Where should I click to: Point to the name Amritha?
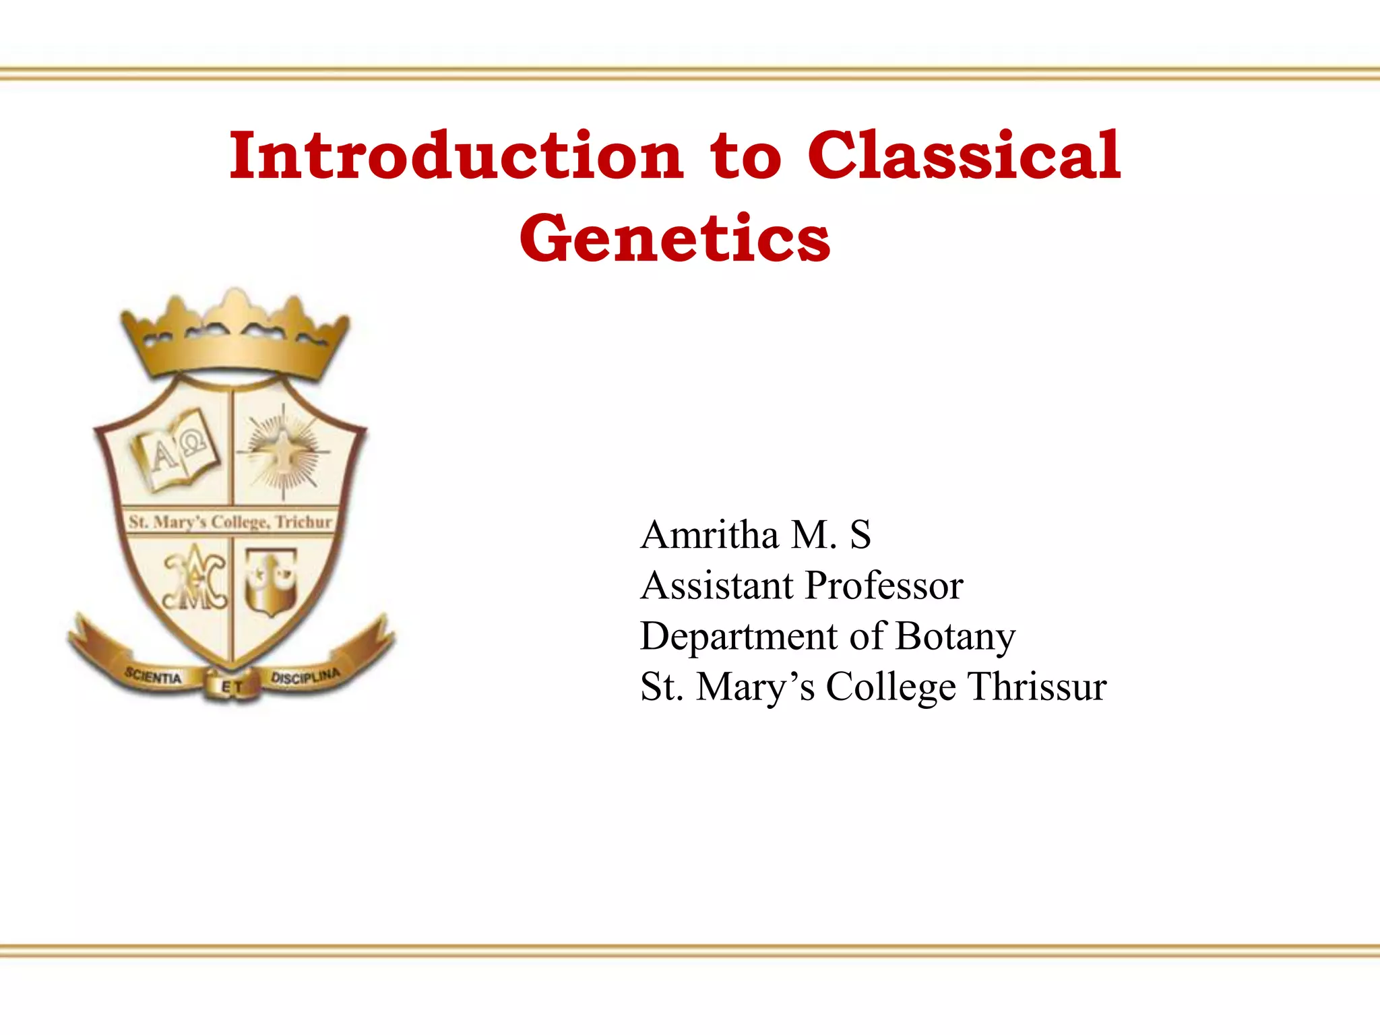710,535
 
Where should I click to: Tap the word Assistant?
716,585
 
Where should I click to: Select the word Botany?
955,637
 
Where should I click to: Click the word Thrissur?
1037,687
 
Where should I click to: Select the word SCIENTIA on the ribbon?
154,676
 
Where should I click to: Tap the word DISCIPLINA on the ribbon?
305,676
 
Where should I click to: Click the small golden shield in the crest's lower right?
271,582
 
